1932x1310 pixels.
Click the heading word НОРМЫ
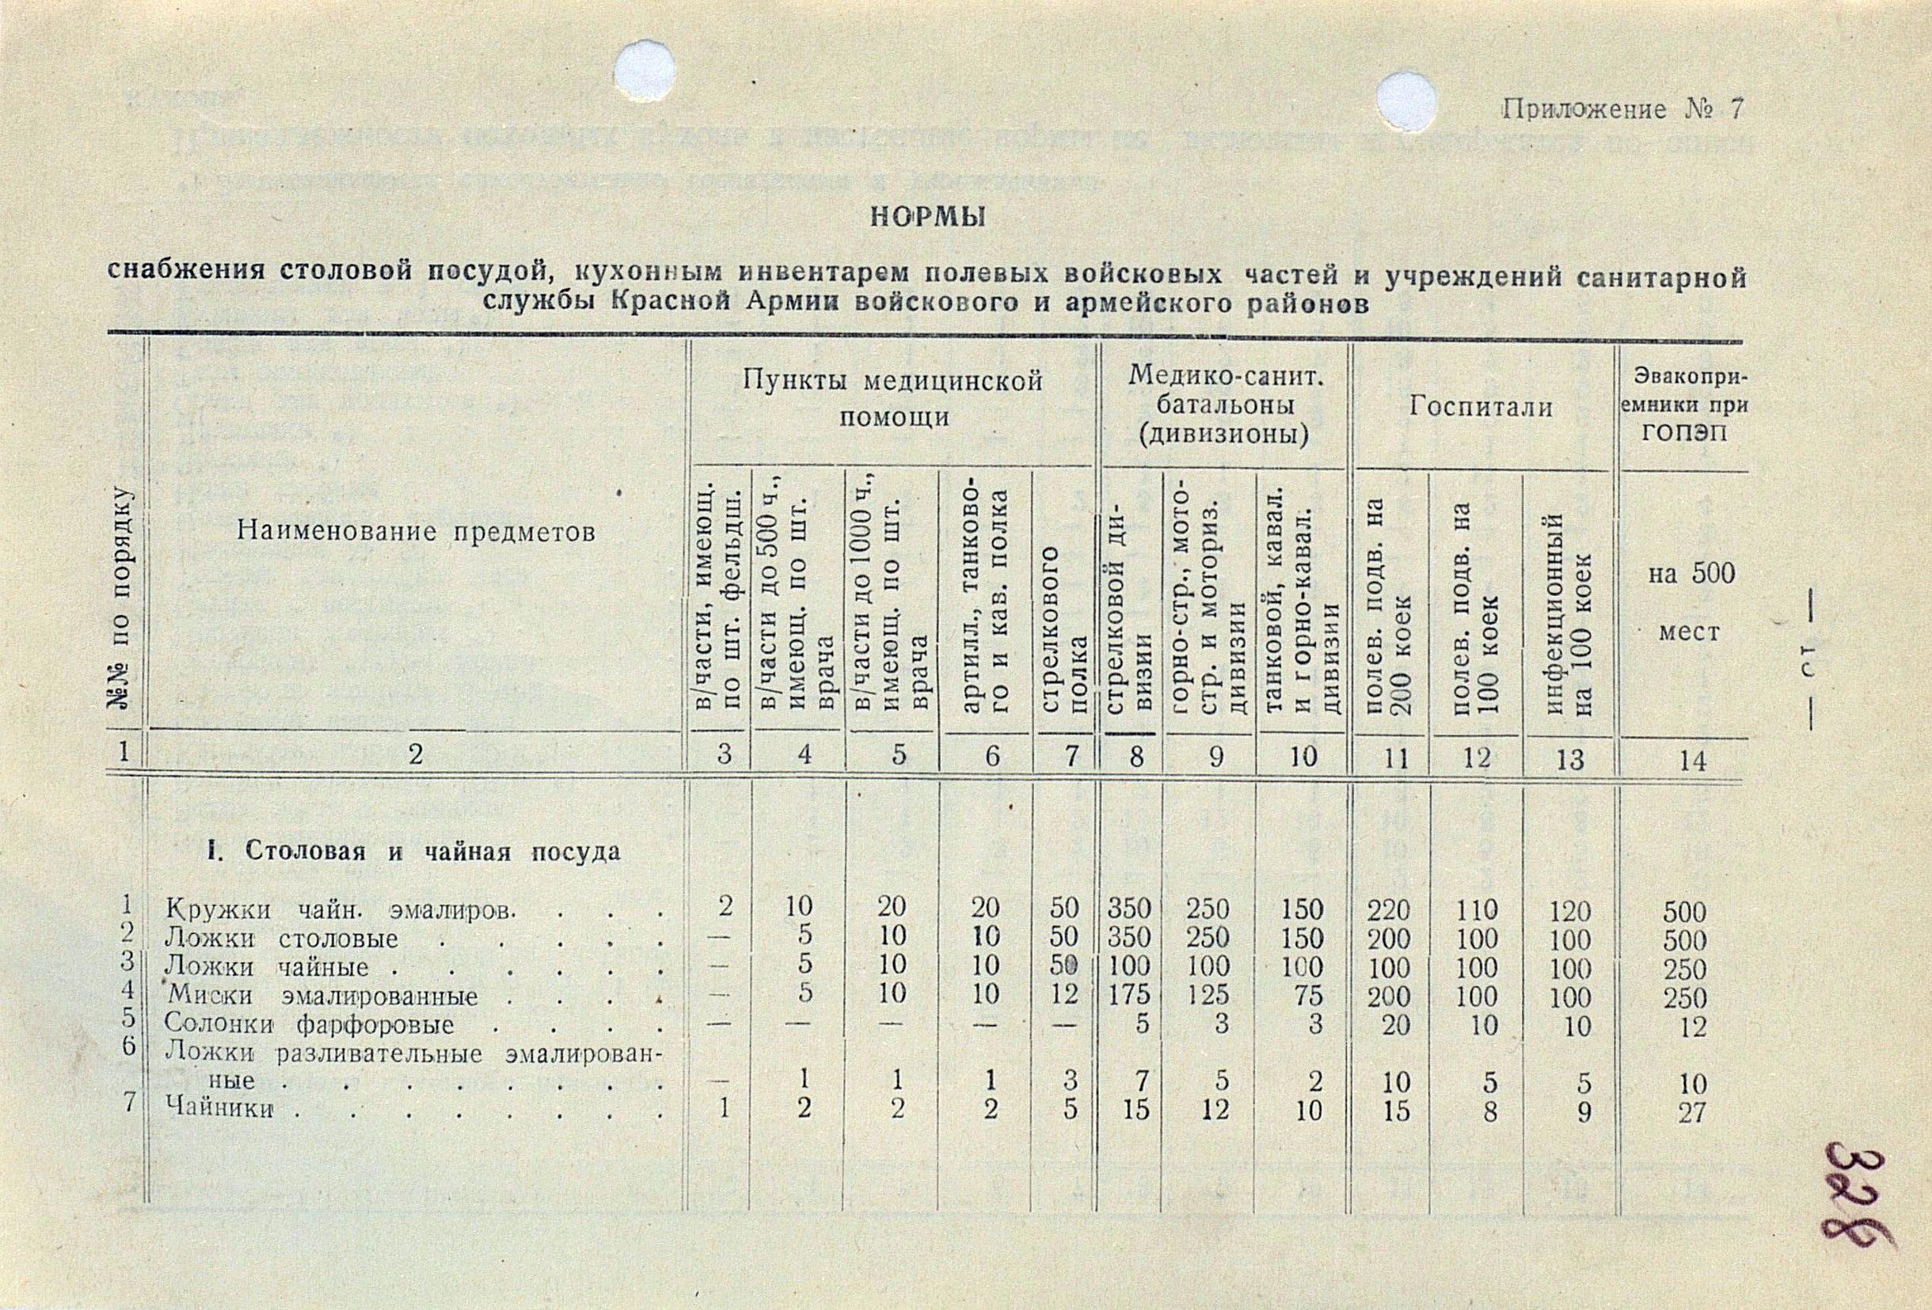point(926,218)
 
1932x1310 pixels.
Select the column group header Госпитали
point(1481,408)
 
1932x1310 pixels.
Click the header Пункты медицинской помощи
point(893,398)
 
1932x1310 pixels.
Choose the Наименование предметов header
point(416,531)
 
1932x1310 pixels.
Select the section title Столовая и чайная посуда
point(413,852)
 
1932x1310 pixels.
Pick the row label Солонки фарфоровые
point(310,1024)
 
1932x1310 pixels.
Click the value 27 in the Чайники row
point(1691,1113)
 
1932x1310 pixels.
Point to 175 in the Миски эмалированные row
point(1128,997)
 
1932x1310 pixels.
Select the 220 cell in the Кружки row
point(1389,912)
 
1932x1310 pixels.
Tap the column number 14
point(1689,760)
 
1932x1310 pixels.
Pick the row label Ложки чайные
point(266,967)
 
